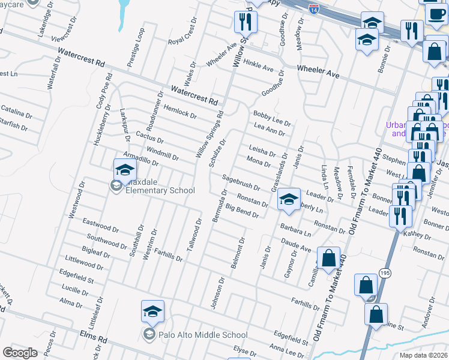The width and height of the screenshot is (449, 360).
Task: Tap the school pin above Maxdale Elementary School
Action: [125, 170]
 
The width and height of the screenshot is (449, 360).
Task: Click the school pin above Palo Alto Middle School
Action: [152, 311]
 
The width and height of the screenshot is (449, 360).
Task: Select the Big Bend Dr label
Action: [242, 211]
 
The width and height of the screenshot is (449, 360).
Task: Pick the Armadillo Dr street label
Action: [140, 158]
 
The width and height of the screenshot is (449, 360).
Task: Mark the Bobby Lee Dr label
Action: [272, 118]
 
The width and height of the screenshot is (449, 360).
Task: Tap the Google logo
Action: [20, 352]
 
